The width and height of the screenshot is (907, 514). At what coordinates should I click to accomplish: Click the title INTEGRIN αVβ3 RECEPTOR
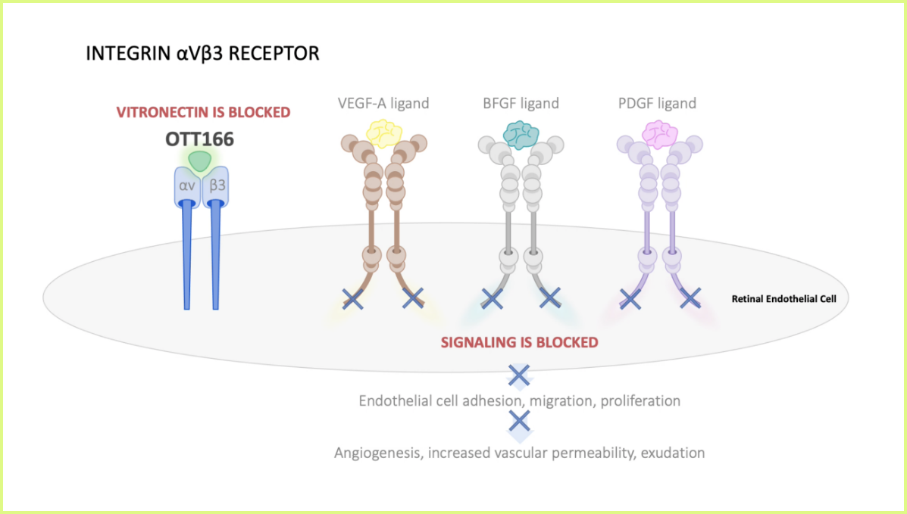click(x=202, y=54)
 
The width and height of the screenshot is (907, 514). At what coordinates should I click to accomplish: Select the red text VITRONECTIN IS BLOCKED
click(x=203, y=112)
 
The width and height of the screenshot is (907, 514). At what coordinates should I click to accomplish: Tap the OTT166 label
click(x=199, y=139)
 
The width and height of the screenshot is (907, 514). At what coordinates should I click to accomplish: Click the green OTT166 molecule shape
click(x=199, y=160)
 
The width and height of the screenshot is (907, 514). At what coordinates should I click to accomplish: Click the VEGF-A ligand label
click(x=383, y=103)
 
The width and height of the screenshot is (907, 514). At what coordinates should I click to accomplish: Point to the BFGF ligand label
click(x=521, y=103)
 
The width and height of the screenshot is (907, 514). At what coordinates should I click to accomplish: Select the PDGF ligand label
click(x=657, y=103)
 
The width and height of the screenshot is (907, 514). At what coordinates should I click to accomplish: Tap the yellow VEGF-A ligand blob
click(x=384, y=133)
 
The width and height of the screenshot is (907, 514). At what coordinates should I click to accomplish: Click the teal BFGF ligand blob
click(x=521, y=135)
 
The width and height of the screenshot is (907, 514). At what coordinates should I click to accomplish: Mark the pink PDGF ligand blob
click(x=658, y=135)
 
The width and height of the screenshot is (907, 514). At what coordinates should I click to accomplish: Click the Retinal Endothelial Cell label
click(x=783, y=298)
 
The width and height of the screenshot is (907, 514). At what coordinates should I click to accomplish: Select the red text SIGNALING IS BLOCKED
click(x=520, y=342)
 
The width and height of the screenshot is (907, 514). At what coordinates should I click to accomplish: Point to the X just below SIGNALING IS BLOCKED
click(x=518, y=374)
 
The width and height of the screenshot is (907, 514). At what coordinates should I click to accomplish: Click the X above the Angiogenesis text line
click(x=518, y=420)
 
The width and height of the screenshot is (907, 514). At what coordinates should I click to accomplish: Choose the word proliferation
click(x=640, y=400)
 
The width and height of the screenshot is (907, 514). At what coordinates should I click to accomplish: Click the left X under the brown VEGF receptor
click(x=352, y=298)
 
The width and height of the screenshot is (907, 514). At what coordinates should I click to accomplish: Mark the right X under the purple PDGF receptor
click(x=690, y=298)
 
